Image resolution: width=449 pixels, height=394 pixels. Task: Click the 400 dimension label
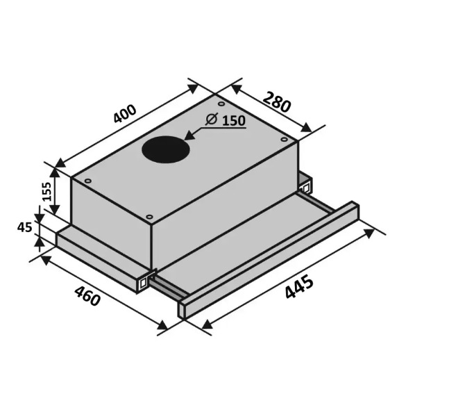(125, 114)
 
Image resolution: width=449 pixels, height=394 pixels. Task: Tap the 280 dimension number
(277, 101)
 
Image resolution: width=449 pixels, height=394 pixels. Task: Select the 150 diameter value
(234, 121)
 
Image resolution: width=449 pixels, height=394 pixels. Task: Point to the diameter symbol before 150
(212, 119)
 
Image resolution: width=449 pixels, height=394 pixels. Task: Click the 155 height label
(46, 192)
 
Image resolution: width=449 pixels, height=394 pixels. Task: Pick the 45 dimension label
(24, 227)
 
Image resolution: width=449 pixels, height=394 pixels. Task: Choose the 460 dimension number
(87, 296)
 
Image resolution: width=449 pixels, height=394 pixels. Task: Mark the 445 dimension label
(299, 287)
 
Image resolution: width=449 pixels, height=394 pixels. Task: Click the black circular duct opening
(166, 149)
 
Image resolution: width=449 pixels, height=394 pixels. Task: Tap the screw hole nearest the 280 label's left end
(221, 104)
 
